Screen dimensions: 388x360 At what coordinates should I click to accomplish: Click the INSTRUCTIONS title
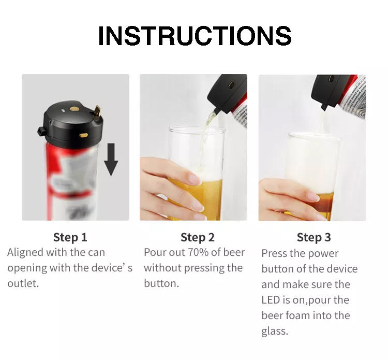[x=195, y=36]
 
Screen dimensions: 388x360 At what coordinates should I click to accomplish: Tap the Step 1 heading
[x=70, y=237]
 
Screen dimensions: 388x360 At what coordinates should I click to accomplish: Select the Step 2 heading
[x=198, y=237]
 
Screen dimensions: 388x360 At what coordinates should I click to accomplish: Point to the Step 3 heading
[x=314, y=237]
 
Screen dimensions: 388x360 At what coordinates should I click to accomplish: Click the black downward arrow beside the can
[x=111, y=160]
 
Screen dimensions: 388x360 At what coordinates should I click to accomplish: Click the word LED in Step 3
[x=271, y=300]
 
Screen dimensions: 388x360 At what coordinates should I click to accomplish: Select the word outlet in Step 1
[x=23, y=283]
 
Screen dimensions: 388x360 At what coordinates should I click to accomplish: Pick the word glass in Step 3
[x=275, y=332]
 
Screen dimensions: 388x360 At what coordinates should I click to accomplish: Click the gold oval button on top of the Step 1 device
[x=74, y=109]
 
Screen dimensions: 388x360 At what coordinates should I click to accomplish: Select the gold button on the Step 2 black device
[x=231, y=85]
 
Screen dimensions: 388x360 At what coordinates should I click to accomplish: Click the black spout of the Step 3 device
[x=324, y=107]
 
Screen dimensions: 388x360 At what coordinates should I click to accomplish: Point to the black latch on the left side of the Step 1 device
[x=41, y=131]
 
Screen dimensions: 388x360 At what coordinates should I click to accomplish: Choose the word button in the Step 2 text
[x=161, y=283]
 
